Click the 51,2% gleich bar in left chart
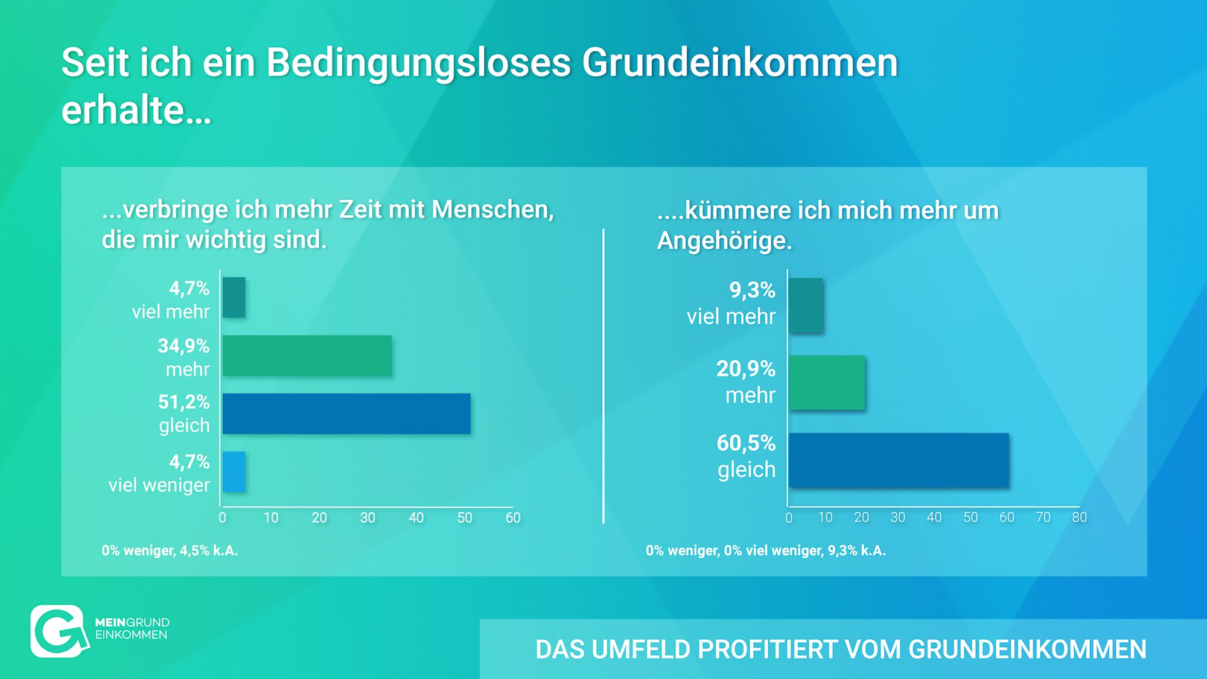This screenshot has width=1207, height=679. (x=346, y=413)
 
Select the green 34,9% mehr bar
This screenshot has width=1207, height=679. (x=307, y=355)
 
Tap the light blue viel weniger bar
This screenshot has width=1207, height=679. (x=234, y=472)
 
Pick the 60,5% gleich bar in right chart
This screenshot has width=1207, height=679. (x=899, y=460)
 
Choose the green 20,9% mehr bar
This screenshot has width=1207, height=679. (x=827, y=383)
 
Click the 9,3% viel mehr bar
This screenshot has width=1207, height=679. (x=806, y=305)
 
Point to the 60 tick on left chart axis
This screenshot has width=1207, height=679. (x=513, y=518)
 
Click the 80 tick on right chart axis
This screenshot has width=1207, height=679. (x=1079, y=517)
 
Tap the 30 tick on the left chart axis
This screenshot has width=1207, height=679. (x=368, y=518)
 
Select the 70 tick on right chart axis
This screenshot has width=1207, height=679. (x=1043, y=517)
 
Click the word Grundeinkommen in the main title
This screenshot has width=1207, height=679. (x=739, y=63)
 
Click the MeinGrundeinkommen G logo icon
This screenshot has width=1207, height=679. (x=58, y=631)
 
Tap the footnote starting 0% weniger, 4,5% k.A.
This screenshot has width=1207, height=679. (x=170, y=550)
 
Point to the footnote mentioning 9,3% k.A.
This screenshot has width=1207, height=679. (x=765, y=550)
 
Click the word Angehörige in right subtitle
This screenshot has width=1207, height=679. (x=724, y=241)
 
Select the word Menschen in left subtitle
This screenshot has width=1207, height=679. (x=492, y=209)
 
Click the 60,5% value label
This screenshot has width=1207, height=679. (x=745, y=443)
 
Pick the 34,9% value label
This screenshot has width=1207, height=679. (x=183, y=346)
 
